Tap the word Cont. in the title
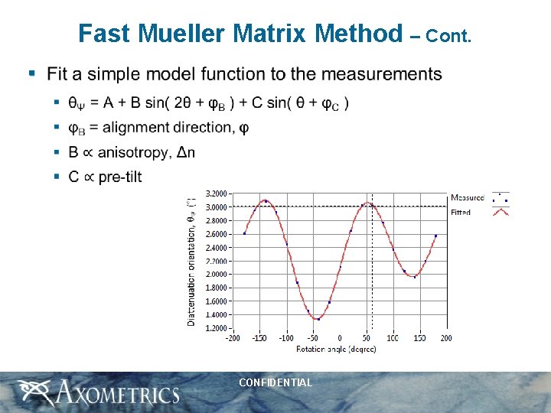(x=449, y=36)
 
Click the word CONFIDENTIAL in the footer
(x=275, y=382)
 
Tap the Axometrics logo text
(x=115, y=394)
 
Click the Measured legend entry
(x=467, y=197)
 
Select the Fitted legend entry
(x=461, y=212)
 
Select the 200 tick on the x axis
(x=446, y=338)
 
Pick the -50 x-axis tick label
(x=312, y=338)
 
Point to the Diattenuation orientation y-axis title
(x=191, y=261)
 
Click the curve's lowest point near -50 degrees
(x=316, y=320)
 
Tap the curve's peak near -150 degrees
(x=264, y=201)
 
